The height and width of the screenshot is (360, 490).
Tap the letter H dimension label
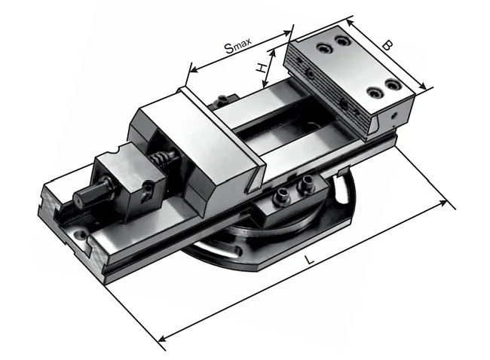tap(262, 68)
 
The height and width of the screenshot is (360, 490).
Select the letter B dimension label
tap(387, 46)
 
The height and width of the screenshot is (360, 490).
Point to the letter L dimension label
tap(309, 260)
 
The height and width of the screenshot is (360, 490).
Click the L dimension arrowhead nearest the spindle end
tap(162, 338)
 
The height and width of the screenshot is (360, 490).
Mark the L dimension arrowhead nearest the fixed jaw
tap(443, 203)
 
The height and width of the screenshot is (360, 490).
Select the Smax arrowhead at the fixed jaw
tap(287, 32)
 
